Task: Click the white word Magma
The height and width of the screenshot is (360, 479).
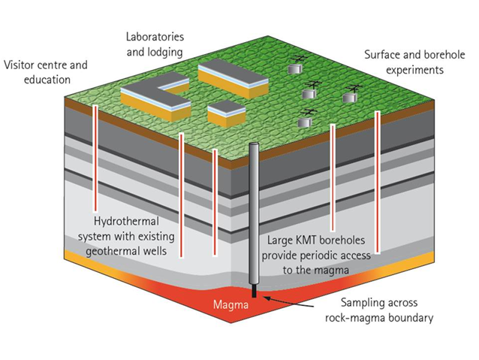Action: click(230, 304)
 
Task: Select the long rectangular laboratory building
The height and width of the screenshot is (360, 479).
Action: click(233, 79)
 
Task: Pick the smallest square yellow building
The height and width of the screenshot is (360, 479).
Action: click(227, 113)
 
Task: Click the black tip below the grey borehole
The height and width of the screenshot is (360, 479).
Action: click(254, 291)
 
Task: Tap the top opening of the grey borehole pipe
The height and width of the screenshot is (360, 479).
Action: click(254, 144)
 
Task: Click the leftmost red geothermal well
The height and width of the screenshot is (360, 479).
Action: click(95, 158)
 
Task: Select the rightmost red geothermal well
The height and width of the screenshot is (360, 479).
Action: click(378, 182)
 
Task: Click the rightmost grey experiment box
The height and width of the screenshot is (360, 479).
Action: click(350, 98)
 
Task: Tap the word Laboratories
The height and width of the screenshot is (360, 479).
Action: click(155, 37)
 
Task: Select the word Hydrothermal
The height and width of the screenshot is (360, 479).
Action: click(126, 222)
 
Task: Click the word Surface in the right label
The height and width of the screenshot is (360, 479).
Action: click(382, 55)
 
